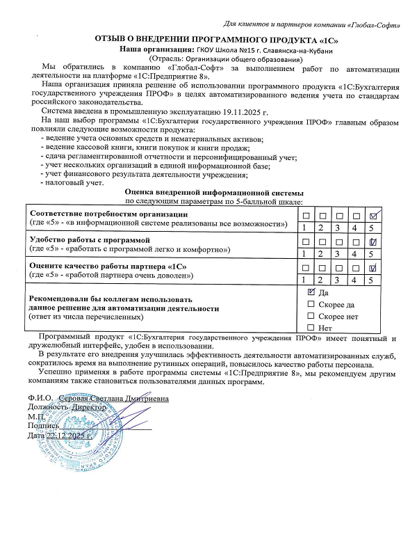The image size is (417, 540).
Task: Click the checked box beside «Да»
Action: click(311, 293)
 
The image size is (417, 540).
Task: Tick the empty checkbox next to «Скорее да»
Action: click(311, 305)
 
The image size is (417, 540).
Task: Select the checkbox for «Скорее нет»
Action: click(311, 316)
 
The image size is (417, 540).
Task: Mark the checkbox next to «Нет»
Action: click(311, 327)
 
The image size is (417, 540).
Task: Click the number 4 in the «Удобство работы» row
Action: click(356, 254)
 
